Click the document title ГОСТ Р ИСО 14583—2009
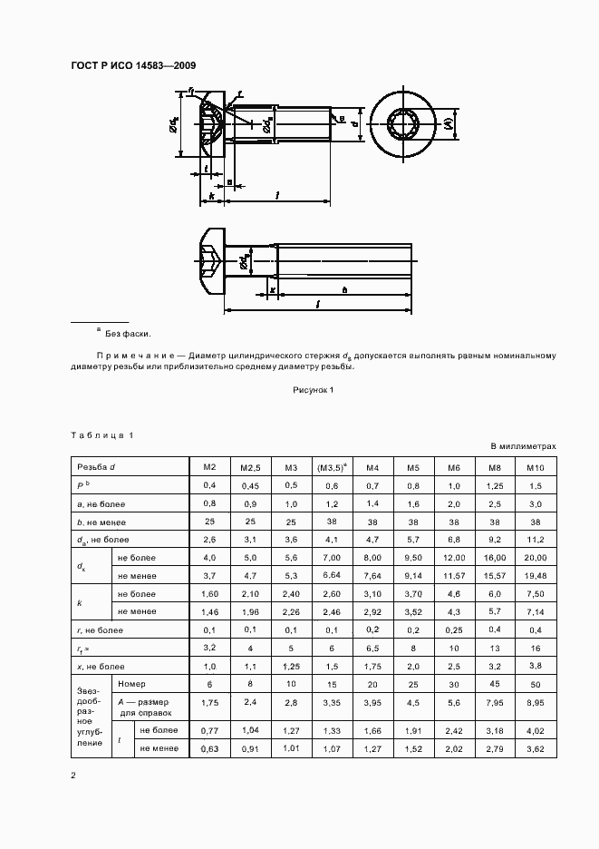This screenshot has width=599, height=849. [x=132, y=65]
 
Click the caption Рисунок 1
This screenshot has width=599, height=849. [x=314, y=390]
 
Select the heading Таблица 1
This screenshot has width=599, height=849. [x=102, y=435]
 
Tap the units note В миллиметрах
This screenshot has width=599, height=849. [x=523, y=446]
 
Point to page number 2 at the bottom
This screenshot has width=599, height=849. [x=73, y=776]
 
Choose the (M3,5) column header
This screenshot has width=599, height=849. [x=332, y=467]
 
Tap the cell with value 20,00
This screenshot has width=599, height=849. [x=534, y=557]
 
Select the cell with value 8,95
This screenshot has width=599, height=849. [x=534, y=701]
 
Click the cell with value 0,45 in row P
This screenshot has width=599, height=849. [x=250, y=485]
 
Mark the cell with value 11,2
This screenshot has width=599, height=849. [x=534, y=539]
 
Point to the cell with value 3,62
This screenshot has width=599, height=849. [x=534, y=747]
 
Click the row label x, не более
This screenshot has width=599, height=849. [x=100, y=665]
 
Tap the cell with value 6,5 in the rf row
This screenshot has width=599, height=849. [x=372, y=647]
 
